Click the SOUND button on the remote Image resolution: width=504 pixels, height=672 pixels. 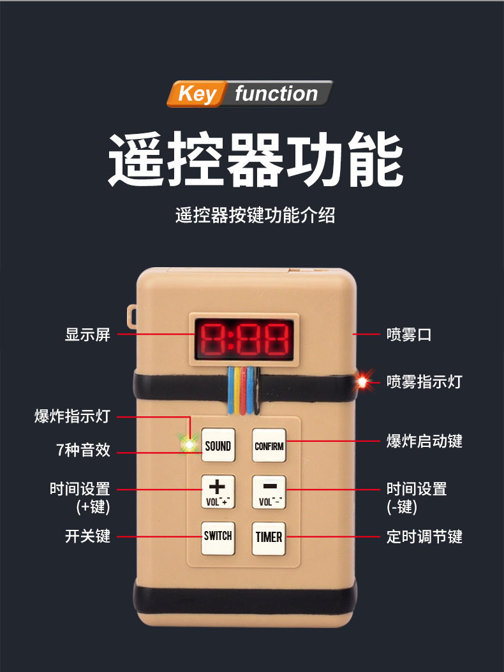pyautogui.click(x=218, y=446)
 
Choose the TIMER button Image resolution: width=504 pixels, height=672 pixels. pyautogui.click(x=269, y=537)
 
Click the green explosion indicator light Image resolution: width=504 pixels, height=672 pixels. pyautogui.click(x=188, y=441)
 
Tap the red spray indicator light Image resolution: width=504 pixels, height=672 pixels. pyautogui.click(x=361, y=381)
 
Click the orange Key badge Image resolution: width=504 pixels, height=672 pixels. pyautogui.click(x=196, y=94)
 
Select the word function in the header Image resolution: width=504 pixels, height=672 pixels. pyautogui.click(x=276, y=94)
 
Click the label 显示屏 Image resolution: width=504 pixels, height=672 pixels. pyautogui.click(x=87, y=334)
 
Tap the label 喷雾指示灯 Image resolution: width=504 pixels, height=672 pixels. pyautogui.click(x=424, y=382)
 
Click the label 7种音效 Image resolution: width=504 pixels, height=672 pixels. pyautogui.click(x=83, y=450)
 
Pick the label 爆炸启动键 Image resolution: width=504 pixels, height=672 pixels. pyautogui.click(x=424, y=441)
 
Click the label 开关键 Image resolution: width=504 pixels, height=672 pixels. pyautogui.click(x=87, y=536)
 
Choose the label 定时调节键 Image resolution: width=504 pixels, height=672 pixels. pyautogui.click(x=424, y=536)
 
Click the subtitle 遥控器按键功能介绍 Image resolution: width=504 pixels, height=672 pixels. pyautogui.click(x=255, y=215)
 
